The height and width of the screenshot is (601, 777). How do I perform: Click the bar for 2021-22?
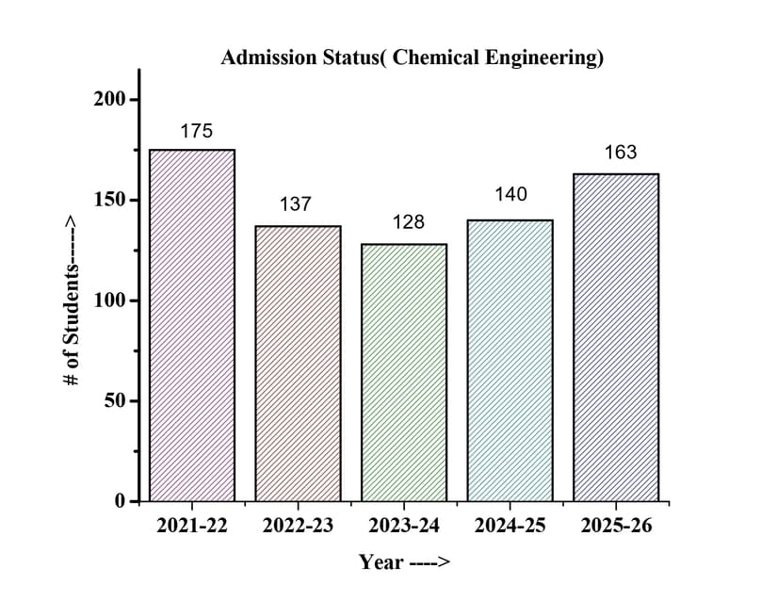pyautogui.click(x=192, y=325)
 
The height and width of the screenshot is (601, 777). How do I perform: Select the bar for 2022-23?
pyautogui.click(x=298, y=363)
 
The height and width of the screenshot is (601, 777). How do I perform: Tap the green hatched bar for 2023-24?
pyautogui.click(x=404, y=372)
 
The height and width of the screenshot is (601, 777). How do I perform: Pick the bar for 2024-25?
pyautogui.click(x=510, y=360)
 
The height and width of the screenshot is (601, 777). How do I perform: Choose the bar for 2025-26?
pyautogui.click(x=616, y=337)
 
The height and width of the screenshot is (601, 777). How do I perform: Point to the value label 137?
pyautogui.click(x=295, y=203)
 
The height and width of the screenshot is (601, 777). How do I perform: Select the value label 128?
pyautogui.click(x=409, y=222)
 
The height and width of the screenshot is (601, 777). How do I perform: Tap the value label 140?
pyautogui.click(x=511, y=195)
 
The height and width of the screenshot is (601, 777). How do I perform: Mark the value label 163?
pyautogui.click(x=620, y=152)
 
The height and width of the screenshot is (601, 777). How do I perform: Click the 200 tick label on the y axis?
pyautogui.click(x=109, y=100)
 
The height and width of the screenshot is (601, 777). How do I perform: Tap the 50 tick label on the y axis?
pyautogui.click(x=114, y=401)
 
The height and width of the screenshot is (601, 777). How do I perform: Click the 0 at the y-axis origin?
pyautogui.click(x=120, y=501)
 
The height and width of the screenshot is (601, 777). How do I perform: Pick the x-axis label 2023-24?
pyautogui.click(x=404, y=527)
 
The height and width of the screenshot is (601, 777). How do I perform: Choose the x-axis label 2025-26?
pyautogui.click(x=616, y=527)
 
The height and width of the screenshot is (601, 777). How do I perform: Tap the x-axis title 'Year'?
pyautogui.click(x=381, y=562)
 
